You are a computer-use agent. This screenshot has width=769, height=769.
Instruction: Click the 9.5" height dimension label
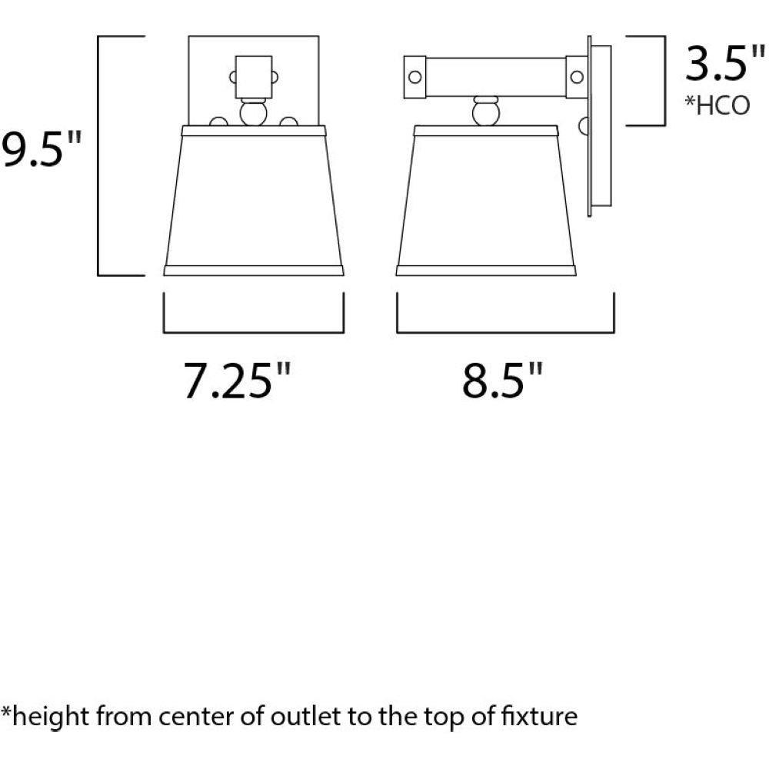41,148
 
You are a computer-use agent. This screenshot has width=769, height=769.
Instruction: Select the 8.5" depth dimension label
503,380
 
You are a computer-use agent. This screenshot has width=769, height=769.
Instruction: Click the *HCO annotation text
717,105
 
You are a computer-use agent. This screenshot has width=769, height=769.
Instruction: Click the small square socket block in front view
254,77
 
